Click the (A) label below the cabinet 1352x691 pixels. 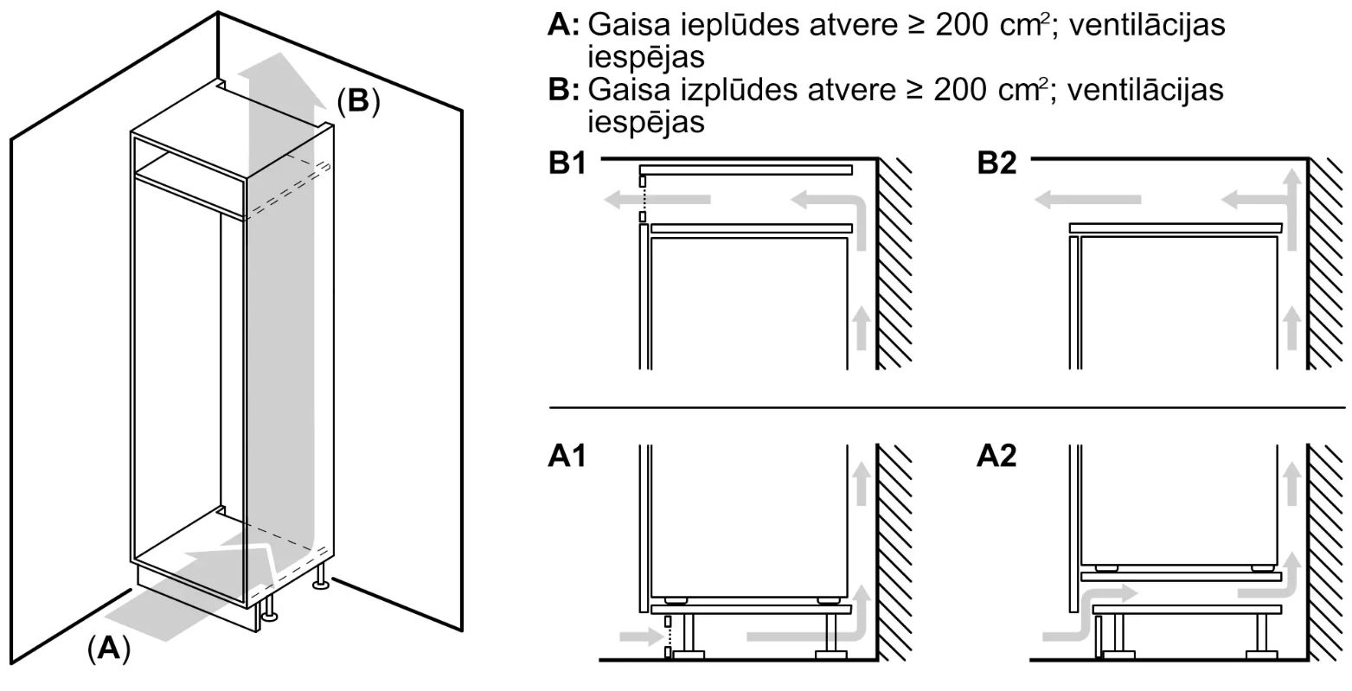(x=109, y=649)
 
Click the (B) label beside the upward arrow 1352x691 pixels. (x=358, y=101)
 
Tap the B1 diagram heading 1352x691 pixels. (x=567, y=163)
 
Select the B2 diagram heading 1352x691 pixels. (x=996, y=163)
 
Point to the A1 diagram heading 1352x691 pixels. (x=567, y=456)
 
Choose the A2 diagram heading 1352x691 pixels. (x=996, y=456)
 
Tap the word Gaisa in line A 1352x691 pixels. (x=629, y=25)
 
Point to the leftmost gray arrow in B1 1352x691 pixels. (x=657, y=199)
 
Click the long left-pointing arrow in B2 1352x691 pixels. (x=1087, y=199)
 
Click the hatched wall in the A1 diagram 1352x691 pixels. (x=894, y=553)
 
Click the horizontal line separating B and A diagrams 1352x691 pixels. (x=946, y=407)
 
